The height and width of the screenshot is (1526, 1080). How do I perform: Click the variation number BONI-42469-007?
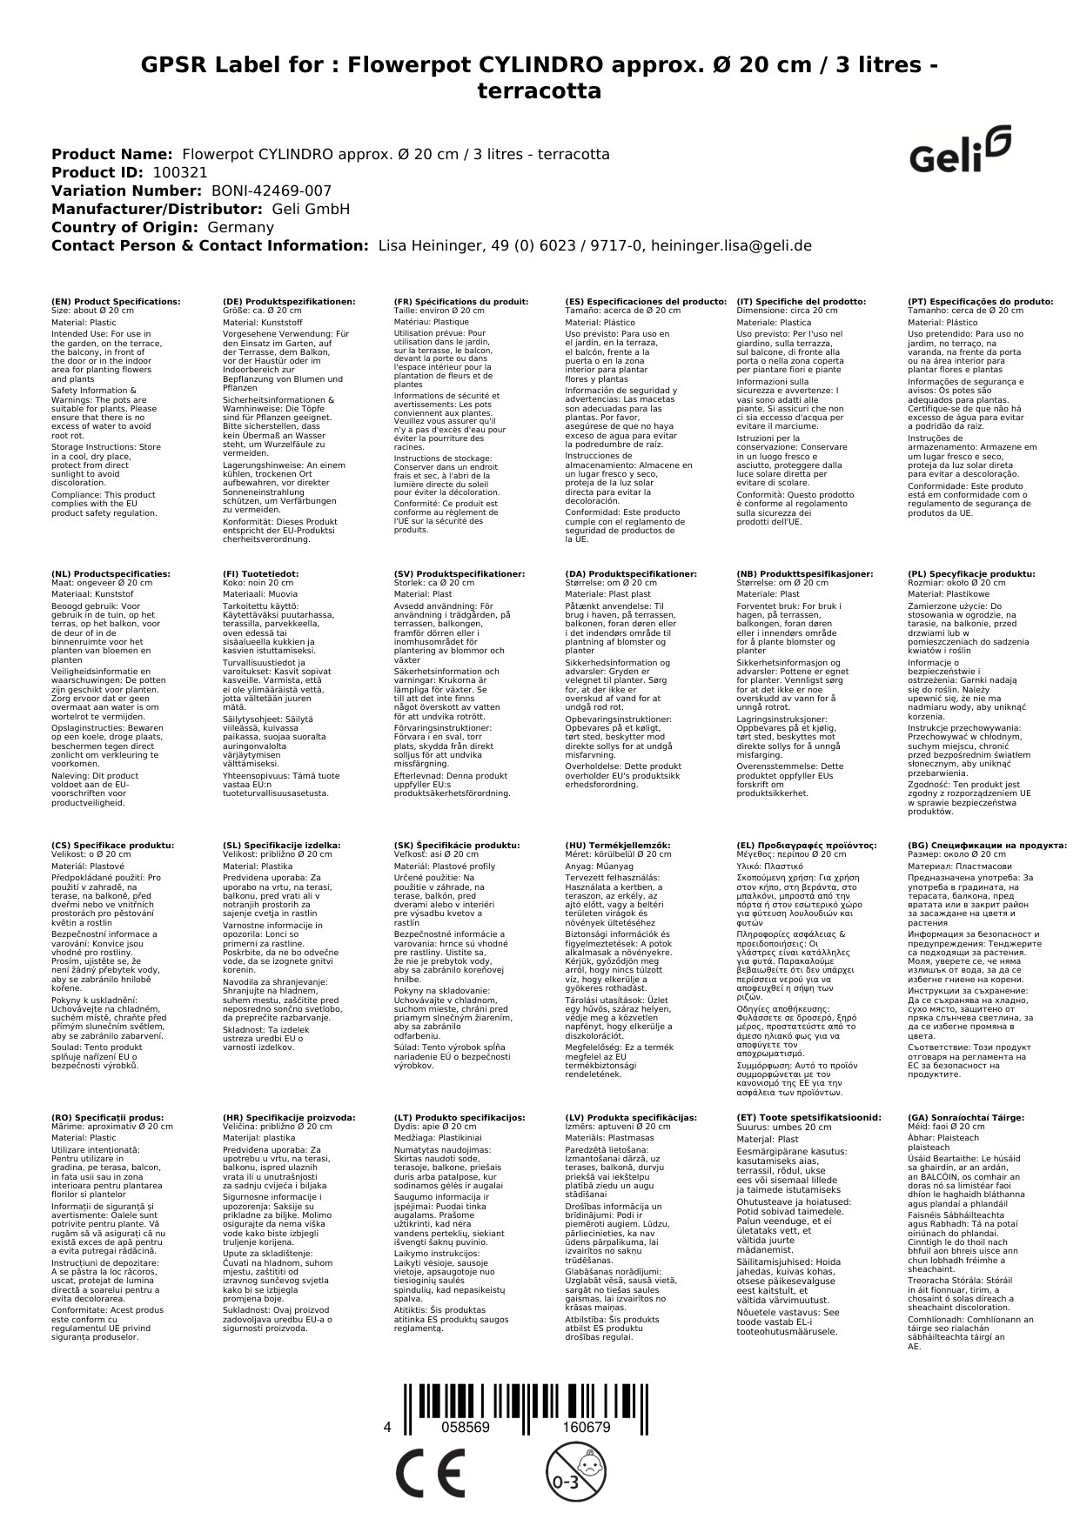[272, 191]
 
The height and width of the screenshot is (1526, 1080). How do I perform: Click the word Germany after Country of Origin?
[241, 227]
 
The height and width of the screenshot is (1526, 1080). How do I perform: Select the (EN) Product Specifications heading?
[116, 301]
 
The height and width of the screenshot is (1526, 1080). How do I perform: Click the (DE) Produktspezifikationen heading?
[289, 301]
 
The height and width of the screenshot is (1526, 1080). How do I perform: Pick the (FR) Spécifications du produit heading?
[461, 301]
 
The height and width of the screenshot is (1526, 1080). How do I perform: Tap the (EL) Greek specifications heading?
[807, 845]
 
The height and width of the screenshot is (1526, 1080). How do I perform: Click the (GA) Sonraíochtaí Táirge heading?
[966, 1117]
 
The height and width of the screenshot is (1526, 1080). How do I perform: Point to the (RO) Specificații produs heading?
[107, 1117]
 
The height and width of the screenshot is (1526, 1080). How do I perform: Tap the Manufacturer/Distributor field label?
[157, 209]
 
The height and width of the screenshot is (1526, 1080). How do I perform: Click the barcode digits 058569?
[467, 1427]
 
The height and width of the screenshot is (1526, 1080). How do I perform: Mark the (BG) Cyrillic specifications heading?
[987, 845]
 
